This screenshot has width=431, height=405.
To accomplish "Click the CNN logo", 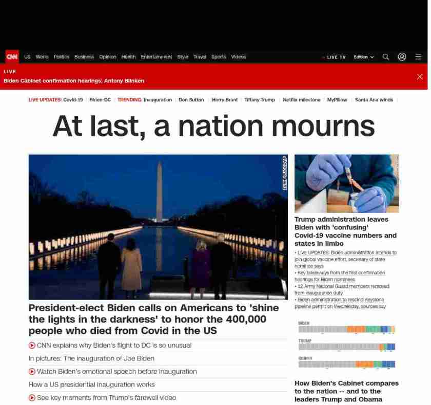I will click(12, 57).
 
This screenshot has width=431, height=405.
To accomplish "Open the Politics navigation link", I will click(61, 57).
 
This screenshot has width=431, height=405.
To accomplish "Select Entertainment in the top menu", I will click(156, 57).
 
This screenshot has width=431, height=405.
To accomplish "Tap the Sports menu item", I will click(219, 57).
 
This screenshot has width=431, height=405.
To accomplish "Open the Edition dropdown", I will click(363, 57).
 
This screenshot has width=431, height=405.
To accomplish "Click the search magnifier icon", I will click(386, 57).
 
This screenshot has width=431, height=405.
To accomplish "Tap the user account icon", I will click(402, 57).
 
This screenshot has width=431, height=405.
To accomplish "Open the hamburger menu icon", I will click(418, 57).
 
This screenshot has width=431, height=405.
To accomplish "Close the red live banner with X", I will click(420, 77).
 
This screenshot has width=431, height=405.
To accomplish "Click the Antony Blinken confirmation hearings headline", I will click(74, 81).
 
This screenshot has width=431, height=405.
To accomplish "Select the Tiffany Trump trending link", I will click(260, 100).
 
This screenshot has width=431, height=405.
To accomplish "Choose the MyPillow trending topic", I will click(337, 100).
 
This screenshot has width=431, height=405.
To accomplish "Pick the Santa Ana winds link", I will click(374, 100).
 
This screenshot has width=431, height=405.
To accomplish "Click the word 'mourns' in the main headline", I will click(323, 126).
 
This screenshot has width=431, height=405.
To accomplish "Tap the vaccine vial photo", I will click(346, 183).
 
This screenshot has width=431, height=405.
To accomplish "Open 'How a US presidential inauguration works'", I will click(92, 385).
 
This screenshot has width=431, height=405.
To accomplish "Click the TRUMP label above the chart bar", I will click(305, 340).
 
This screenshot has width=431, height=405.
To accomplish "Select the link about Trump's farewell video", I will click(106, 398).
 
